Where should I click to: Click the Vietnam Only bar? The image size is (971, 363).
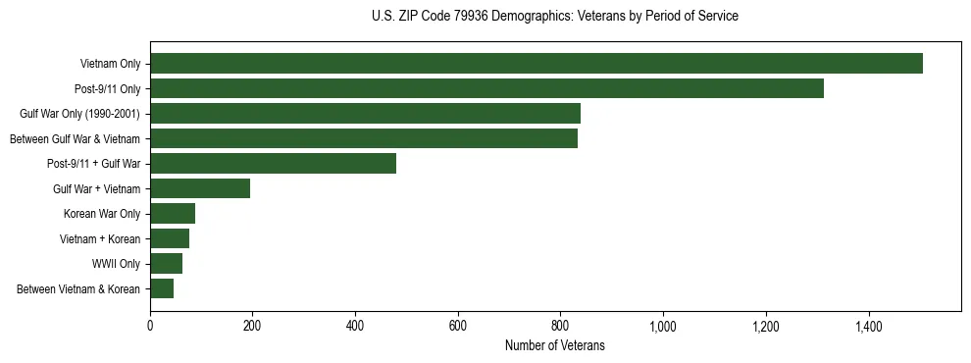tap(537, 64)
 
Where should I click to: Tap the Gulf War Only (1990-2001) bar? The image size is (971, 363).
tap(365, 114)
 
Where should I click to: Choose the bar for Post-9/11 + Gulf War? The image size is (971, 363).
tap(273, 164)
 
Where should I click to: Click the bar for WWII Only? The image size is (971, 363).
tap(166, 264)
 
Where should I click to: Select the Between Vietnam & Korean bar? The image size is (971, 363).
tap(162, 288)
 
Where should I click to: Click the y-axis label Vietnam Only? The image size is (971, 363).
tap(110, 64)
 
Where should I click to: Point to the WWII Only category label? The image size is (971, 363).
tap(117, 264)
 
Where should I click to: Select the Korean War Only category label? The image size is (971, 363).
tap(102, 214)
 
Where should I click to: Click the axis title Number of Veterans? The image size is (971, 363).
tap(555, 345)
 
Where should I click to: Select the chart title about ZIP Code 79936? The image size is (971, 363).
tap(555, 17)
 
